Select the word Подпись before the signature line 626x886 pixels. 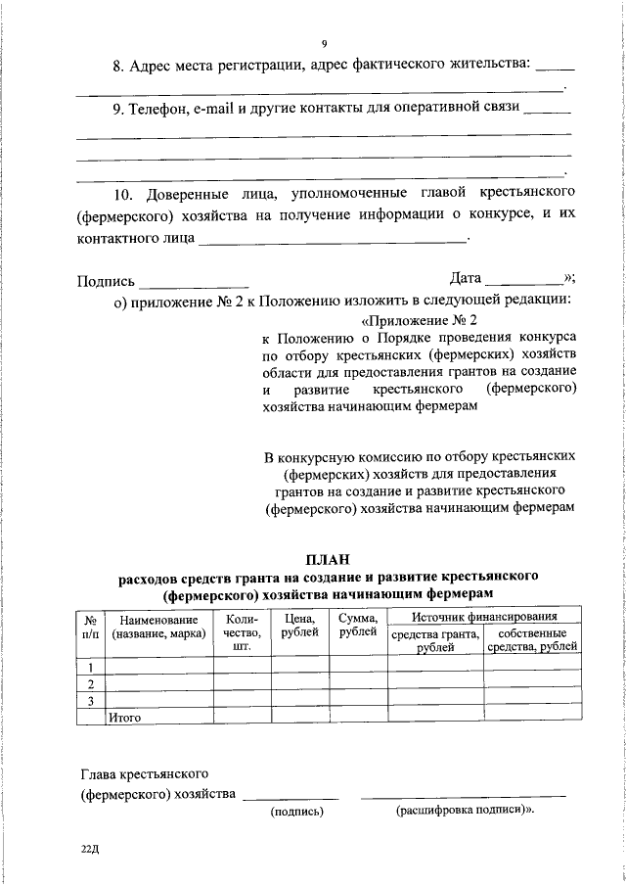[x=107, y=282]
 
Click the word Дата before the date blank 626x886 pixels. [x=465, y=278]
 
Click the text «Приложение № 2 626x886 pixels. [x=420, y=320]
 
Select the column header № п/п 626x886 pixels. [x=89, y=626]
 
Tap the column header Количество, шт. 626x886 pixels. [x=242, y=632]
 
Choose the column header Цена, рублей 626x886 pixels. [x=299, y=626]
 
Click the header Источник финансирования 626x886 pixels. [x=484, y=617]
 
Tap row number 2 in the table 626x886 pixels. [x=90, y=683]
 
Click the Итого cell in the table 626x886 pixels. [x=126, y=717]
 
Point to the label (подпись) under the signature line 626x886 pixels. [x=296, y=812]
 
